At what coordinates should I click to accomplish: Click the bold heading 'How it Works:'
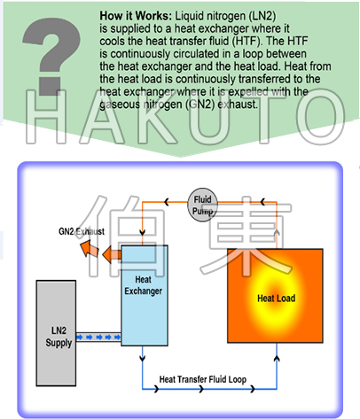click(136, 16)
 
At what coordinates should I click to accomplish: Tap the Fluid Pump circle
click(202, 205)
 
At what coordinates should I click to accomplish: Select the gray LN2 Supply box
click(56, 333)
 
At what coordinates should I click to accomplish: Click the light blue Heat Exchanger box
click(145, 295)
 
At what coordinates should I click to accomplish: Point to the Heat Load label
click(277, 299)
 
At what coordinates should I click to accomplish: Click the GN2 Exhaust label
click(82, 231)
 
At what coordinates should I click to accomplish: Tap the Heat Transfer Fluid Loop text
click(203, 379)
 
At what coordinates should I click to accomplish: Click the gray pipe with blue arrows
click(98, 337)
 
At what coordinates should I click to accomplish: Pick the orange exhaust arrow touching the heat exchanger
click(112, 254)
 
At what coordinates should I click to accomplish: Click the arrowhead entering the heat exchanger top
click(142, 232)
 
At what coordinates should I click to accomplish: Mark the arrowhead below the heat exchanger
click(143, 358)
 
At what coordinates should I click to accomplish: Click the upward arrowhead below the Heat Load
click(277, 359)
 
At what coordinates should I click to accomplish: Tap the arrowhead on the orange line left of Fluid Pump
click(167, 202)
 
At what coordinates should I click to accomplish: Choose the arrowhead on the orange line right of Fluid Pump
click(262, 202)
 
